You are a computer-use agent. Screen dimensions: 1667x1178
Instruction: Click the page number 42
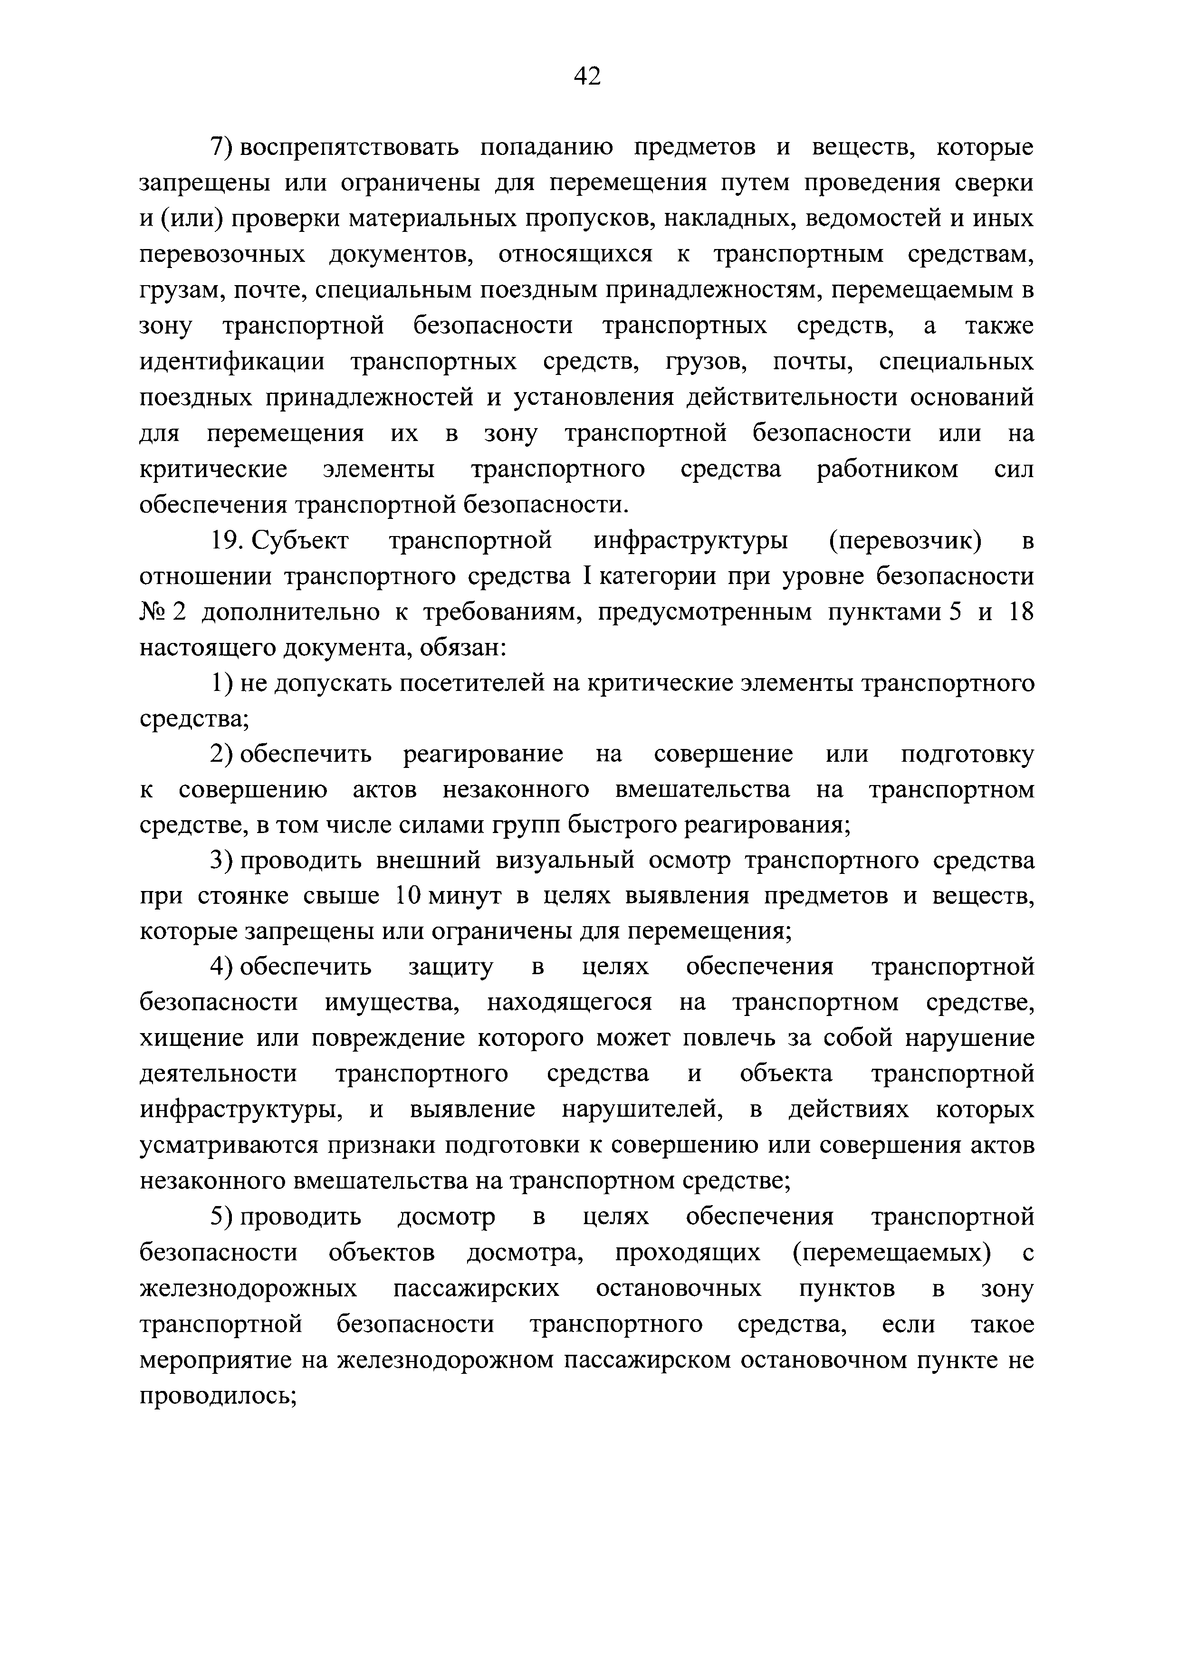tap(587, 76)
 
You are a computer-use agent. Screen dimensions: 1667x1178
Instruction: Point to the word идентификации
tap(232, 362)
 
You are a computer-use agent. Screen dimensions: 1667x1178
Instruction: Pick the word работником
tap(887, 469)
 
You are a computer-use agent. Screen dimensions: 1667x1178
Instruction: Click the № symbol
tap(153, 612)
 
